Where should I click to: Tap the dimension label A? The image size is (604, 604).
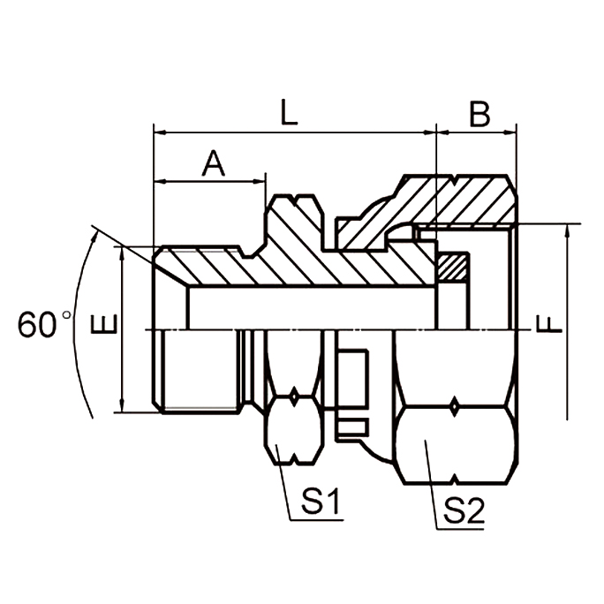213,162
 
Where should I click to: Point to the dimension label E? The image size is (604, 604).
104,326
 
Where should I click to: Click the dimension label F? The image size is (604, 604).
549,326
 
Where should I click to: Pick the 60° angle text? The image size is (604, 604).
42,325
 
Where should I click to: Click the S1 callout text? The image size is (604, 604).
320,503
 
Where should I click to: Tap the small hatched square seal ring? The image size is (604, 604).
454,268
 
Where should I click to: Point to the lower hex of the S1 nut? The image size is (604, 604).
294,430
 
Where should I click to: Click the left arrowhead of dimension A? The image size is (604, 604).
160,182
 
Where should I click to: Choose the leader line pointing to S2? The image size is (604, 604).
430,485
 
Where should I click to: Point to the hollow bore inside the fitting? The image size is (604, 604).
309,308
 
